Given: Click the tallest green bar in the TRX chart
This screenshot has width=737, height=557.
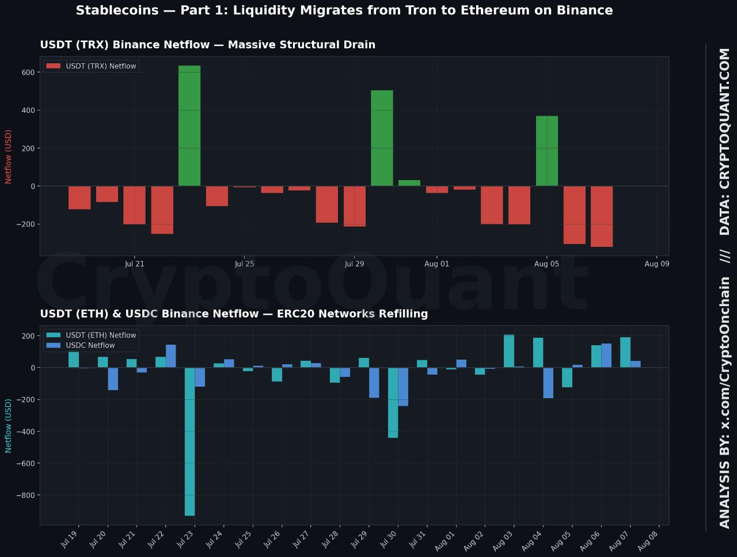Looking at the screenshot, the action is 189,125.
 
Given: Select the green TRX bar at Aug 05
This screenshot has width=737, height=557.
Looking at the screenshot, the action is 547,151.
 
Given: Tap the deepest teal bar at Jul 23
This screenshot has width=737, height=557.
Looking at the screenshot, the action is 189,441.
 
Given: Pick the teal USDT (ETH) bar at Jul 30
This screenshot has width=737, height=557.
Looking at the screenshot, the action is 393,403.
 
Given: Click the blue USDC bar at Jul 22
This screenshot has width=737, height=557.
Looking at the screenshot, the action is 171,356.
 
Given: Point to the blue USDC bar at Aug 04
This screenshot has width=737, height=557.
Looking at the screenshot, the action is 548,383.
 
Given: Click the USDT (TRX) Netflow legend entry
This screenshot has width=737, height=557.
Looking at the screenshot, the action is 91,66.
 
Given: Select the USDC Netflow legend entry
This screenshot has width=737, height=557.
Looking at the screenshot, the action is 80,345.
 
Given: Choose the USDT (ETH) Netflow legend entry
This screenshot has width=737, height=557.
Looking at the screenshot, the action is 91,335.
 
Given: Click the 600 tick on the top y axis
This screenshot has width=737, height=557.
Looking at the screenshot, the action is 28,73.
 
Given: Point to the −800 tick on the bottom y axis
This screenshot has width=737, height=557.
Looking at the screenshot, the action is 25,495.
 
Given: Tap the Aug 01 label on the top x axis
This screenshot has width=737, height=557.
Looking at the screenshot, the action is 436,264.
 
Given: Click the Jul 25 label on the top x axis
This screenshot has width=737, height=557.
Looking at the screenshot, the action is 245,264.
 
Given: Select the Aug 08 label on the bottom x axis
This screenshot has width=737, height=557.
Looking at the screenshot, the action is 648,541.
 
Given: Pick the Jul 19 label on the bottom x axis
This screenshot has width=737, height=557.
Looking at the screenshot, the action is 70,540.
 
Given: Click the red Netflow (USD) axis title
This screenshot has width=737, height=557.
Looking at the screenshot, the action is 8,157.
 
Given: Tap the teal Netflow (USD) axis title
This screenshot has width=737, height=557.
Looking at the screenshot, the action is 8,426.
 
